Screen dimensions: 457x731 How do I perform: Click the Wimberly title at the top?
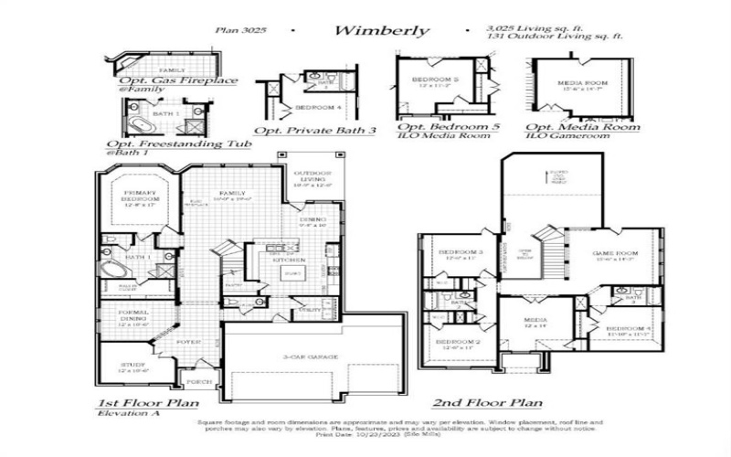point(381,30)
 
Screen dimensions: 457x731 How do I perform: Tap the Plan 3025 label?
point(239,30)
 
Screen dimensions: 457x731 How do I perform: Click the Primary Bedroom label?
point(140,197)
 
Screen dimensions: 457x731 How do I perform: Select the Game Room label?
point(615,255)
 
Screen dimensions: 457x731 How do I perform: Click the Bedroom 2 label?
point(458,343)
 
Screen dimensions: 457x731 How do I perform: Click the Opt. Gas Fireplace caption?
point(178,81)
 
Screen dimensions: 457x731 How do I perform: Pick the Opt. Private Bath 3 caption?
point(315,131)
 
